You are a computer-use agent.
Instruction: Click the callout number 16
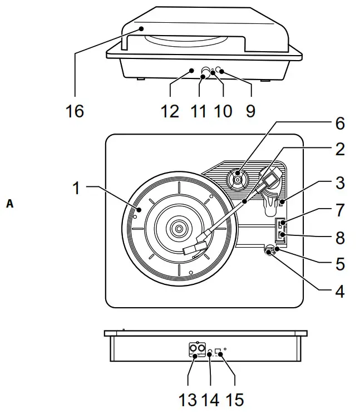[74, 111]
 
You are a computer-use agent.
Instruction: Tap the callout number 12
[170, 111]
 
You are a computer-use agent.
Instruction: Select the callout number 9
[250, 111]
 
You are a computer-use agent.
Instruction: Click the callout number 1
[77, 188]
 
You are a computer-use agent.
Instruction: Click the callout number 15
[235, 400]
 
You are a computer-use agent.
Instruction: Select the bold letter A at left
[9, 204]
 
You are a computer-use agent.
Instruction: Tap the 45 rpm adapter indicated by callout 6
[238, 179]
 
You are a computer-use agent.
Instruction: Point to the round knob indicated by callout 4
[270, 251]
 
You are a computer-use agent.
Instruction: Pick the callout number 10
[223, 111]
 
